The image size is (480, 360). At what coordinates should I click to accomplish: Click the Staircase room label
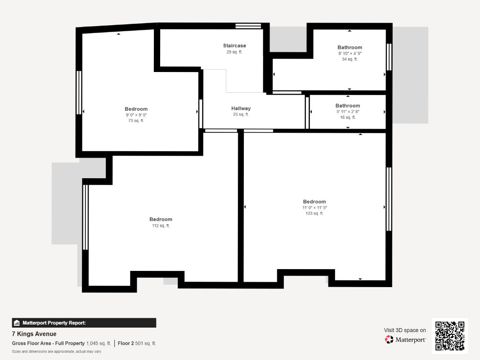click(234, 45)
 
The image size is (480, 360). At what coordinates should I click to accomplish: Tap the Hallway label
click(241, 108)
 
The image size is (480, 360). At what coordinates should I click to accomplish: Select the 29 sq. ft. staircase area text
click(234, 52)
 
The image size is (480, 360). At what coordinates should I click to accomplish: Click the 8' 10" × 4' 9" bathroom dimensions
click(350, 53)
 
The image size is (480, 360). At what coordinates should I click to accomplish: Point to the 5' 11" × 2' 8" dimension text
click(348, 112)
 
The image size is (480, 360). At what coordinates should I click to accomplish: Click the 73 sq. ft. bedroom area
click(136, 121)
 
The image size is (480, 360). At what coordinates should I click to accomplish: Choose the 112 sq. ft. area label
click(161, 225)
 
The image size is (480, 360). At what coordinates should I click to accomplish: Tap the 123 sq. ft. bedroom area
click(314, 213)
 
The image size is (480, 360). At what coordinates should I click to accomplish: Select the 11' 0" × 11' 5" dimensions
click(314, 207)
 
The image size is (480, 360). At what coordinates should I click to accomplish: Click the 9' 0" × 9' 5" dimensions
click(136, 115)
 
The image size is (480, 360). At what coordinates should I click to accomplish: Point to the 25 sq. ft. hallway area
click(241, 114)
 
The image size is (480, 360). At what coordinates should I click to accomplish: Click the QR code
click(450, 336)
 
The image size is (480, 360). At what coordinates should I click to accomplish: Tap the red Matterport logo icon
click(389, 339)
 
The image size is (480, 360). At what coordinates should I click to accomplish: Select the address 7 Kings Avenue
click(34, 334)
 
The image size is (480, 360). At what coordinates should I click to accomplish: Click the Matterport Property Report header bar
click(84, 323)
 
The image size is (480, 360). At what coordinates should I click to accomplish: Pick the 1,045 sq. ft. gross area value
click(99, 343)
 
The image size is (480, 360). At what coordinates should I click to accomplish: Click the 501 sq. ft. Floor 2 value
click(146, 343)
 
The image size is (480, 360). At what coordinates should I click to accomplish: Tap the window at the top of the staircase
click(248, 26)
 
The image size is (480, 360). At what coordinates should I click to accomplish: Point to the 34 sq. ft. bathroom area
click(350, 59)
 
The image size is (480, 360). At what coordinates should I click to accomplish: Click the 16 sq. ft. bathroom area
click(348, 117)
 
